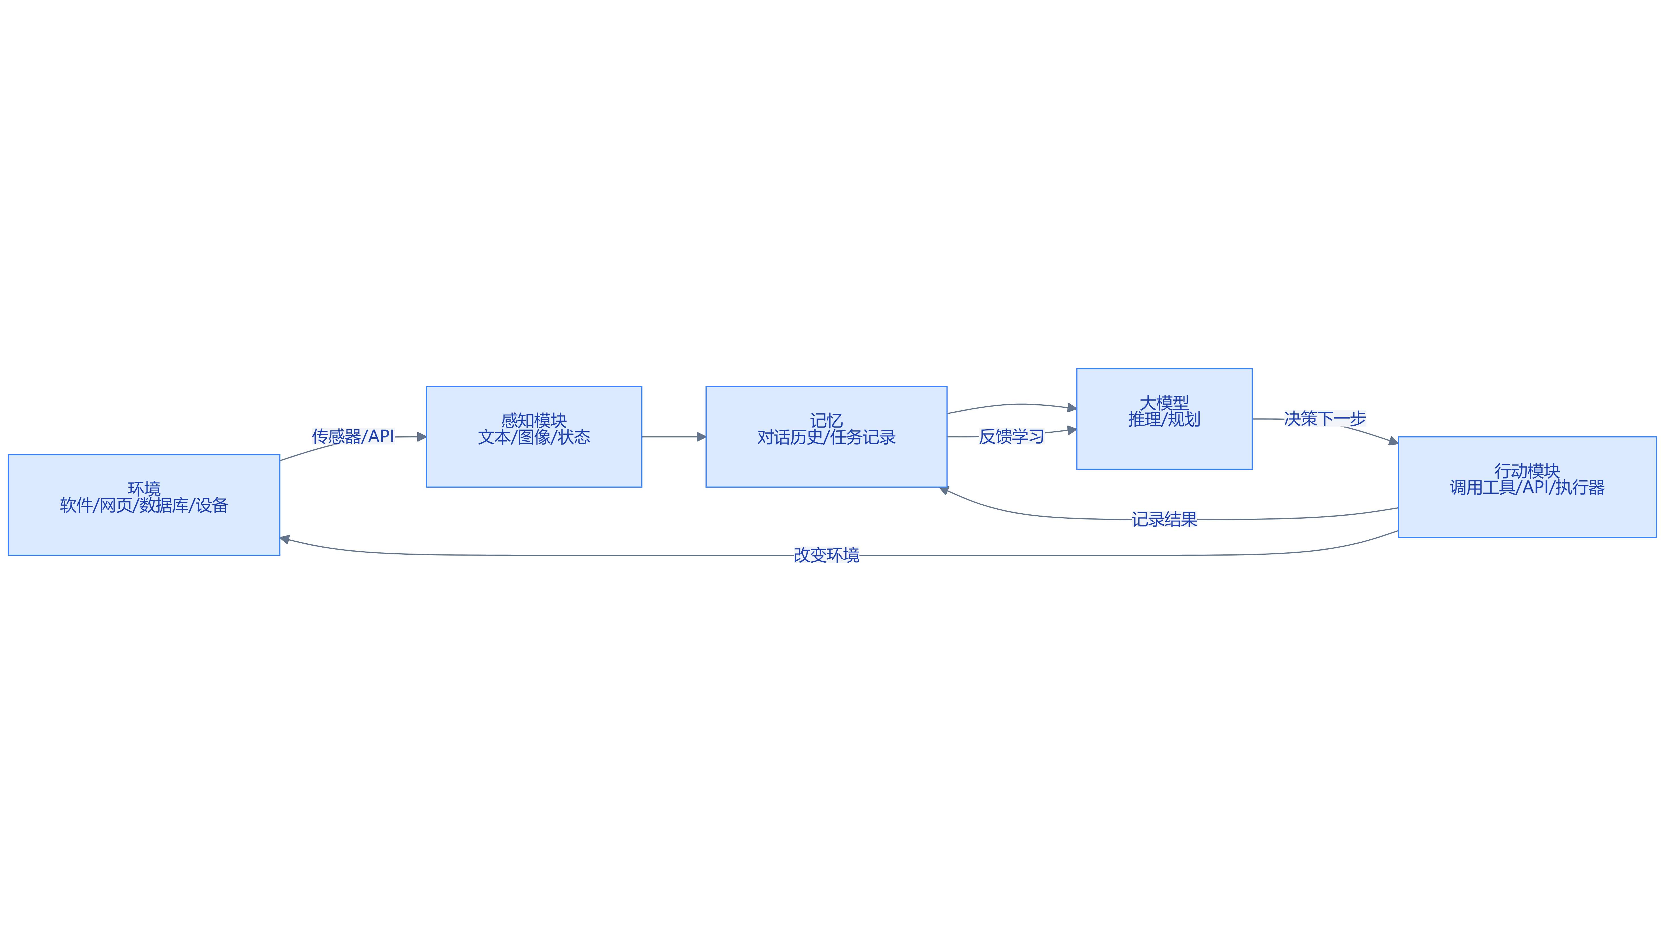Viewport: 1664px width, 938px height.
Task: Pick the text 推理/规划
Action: click(x=1164, y=419)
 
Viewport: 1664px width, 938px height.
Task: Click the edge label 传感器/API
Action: click(x=353, y=437)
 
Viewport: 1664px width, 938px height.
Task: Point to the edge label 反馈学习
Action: click(x=1012, y=437)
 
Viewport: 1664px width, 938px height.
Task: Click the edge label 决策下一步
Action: click(x=1325, y=419)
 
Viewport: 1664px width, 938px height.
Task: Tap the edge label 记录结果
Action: click(x=1164, y=520)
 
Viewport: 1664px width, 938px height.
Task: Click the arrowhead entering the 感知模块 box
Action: click(x=422, y=437)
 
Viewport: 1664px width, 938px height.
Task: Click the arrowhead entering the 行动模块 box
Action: click(x=1393, y=441)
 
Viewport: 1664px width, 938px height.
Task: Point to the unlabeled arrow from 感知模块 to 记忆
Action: click(x=674, y=437)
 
